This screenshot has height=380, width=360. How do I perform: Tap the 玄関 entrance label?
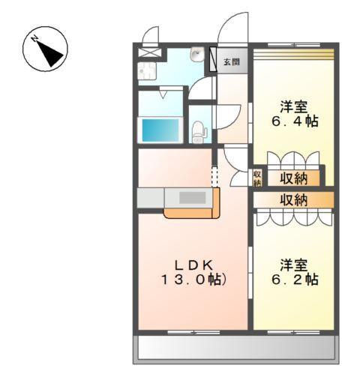[x=231, y=61]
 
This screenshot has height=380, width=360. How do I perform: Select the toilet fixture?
[x=199, y=132]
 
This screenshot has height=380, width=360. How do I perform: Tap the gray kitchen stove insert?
[x=192, y=199]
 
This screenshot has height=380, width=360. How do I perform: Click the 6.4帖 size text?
[x=293, y=121]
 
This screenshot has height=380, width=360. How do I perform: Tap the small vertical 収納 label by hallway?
[x=256, y=178]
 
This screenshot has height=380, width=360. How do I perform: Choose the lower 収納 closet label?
[x=293, y=199]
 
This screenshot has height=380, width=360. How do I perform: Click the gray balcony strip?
[x=234, y=348]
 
